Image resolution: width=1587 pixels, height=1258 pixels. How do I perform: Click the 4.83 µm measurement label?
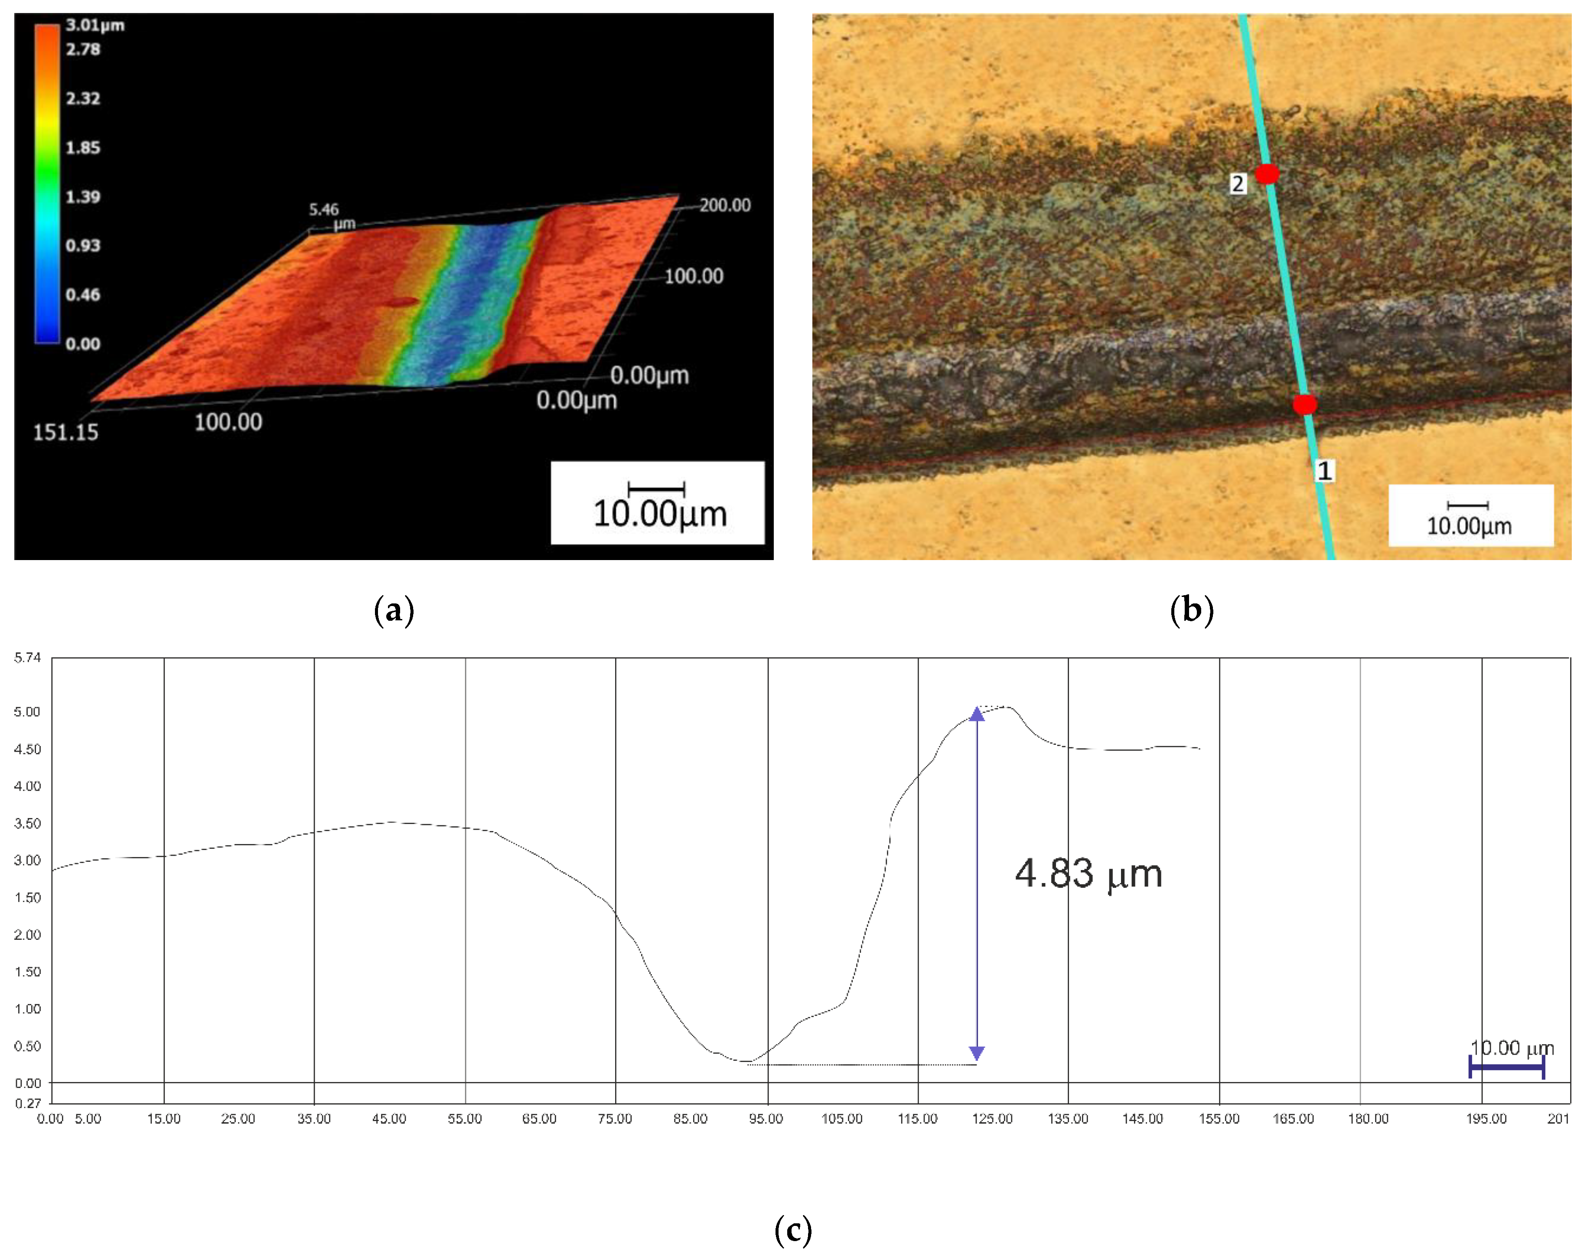pyautogui.click(x=1088, y=874)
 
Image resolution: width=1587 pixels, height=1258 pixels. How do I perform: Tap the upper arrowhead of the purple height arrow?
pyautogui.click(x=977, y=714)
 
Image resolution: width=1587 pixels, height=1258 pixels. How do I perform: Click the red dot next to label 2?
pyautogui.click(x=1267, y=174)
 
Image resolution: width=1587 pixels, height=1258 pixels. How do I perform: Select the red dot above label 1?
pyautogui.click(x=1304, y=404)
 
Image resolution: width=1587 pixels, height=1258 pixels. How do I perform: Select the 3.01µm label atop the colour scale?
pyautogui.click(x=95, y=25)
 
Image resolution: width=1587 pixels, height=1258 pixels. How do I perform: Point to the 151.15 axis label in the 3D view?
pyautogui.click(x=65, y=432)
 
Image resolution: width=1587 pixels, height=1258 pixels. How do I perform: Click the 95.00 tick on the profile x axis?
pyautogui.click(x=766, y=1119)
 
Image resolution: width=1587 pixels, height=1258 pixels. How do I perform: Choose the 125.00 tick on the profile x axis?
pyautogui.click(x=992, y=1119)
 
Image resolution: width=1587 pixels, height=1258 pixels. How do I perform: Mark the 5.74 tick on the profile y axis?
pyautogui.click(x=27, y=657)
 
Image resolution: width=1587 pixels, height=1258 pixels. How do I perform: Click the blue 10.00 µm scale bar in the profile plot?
pyautogui.click(x=1506, y=1067)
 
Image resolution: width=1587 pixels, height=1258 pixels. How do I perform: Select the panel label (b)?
pyautogui.click(x=1191, y=610)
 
